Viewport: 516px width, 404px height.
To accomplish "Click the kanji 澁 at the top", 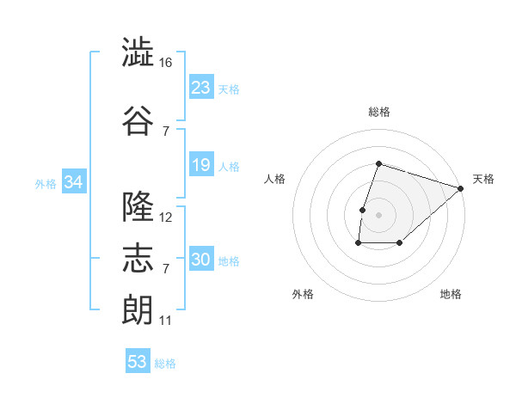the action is [138, 52].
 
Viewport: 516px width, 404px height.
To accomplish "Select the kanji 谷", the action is [138, 120].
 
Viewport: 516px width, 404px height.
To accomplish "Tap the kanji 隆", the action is [138, 206].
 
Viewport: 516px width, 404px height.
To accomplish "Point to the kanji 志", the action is [138, 258].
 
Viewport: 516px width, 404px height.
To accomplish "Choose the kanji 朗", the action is [138, 309].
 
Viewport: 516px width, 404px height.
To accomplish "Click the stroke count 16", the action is [165, 63].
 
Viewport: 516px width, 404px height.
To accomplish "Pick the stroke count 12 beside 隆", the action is [165, 217].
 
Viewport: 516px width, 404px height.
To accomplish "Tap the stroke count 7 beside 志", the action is [166, 269].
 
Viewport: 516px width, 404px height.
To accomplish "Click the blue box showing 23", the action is [201, 87].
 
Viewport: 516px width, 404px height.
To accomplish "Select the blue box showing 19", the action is [201, 164].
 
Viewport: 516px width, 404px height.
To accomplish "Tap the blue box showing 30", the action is [201, 258].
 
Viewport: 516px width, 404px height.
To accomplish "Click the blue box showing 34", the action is [74, 181].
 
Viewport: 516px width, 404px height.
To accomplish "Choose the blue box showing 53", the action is [138, 360].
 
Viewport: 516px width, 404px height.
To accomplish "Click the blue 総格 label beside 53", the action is [165, 364].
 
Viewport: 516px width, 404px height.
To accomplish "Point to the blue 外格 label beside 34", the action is [46, 184].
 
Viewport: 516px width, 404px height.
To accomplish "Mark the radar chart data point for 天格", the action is [461, 188].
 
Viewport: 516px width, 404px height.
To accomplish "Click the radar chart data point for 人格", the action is [362, 210].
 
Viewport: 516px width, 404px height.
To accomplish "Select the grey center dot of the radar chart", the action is [378, 215].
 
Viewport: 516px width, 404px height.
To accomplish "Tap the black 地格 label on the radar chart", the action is [451, 294].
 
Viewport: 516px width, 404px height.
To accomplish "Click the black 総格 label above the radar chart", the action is [379, 112].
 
